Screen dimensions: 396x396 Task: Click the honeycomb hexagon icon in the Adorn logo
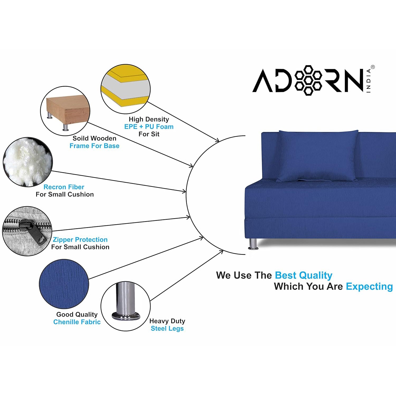pyautogui.click(x=308, y=80)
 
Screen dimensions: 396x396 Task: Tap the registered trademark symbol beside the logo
pyautogui.click(x=373, y=67)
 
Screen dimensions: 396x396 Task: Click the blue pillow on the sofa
pyautogui.click(x=318, y=156)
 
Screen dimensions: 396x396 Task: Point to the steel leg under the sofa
pyautogui.click(x=253, y=244)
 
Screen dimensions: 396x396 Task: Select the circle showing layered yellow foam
pyautogui.click(x=125, y=89)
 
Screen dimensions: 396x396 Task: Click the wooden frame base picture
pyautogui.click(x=65, y=111)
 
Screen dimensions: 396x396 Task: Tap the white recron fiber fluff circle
pyautogui.click(x=27, y=162)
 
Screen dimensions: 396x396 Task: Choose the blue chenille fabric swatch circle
pyautogui.click(x=64, y=284)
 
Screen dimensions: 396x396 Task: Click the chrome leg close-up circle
pyautogui.click(x=126, y=306)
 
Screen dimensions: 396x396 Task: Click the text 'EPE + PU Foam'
pyautogui.click(x=149, y=127)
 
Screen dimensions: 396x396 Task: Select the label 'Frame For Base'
pyautogui.click(x=94, y=146)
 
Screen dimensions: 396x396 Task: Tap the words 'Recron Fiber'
pyautogui.click(x=64, y=187)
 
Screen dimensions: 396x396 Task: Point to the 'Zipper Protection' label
pyautogui.click(x=80, y=240)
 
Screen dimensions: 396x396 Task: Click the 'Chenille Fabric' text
pyautogui.click(x=77, y=322)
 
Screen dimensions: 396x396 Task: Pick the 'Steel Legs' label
pyautogui.click(x=167, y=328)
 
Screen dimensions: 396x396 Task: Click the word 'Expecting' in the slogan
pyautogui.click(x=369, y=287)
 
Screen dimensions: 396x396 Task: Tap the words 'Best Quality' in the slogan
pyautogui.click(x=304, y=275)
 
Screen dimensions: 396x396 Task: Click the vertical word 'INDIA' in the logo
pyautogui.click(x=369, y=81)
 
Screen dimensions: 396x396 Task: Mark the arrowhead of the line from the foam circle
pyautogui.click(x=217, y=140)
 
